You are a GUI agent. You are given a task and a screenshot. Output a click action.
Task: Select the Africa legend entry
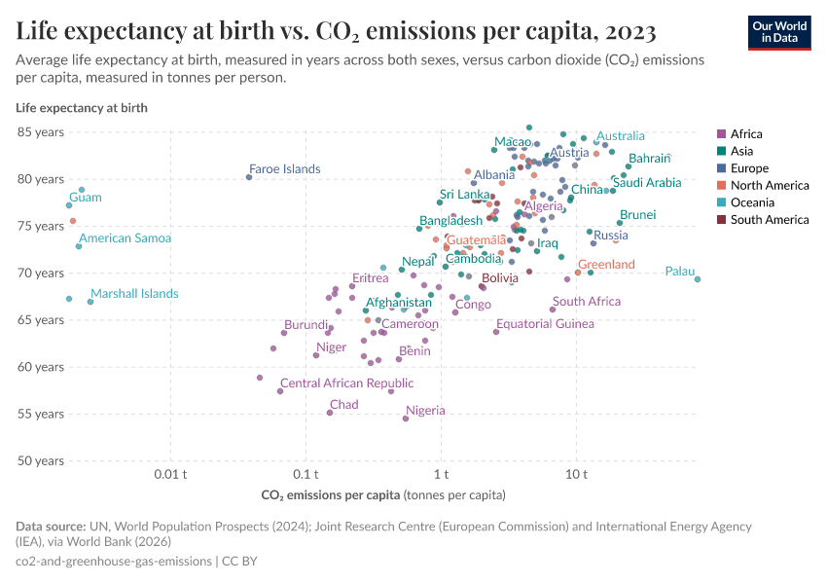coord(745,134)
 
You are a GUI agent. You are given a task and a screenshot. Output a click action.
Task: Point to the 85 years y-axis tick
coord(39,131)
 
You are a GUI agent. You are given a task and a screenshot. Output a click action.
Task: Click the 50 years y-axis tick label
coord(39,460)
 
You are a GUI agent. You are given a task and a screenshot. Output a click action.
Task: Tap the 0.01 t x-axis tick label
coord(171,474)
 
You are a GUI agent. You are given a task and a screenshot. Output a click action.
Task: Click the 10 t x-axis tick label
coord(576,474)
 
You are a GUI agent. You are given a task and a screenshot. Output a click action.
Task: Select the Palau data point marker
coord(698,279)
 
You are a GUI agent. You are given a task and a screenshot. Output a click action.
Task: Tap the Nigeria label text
coord(425,411)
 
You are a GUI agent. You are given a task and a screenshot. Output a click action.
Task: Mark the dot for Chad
coord(330,413)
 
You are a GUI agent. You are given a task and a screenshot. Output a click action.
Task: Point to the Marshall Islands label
coord(134,294)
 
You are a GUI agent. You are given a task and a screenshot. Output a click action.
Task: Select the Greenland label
coord(606,265)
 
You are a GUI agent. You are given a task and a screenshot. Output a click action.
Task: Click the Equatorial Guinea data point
coord(496,332)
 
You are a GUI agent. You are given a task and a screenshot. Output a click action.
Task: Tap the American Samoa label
coord(125,238)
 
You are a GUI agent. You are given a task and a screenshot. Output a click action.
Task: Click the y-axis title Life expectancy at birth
coord(82,108)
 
